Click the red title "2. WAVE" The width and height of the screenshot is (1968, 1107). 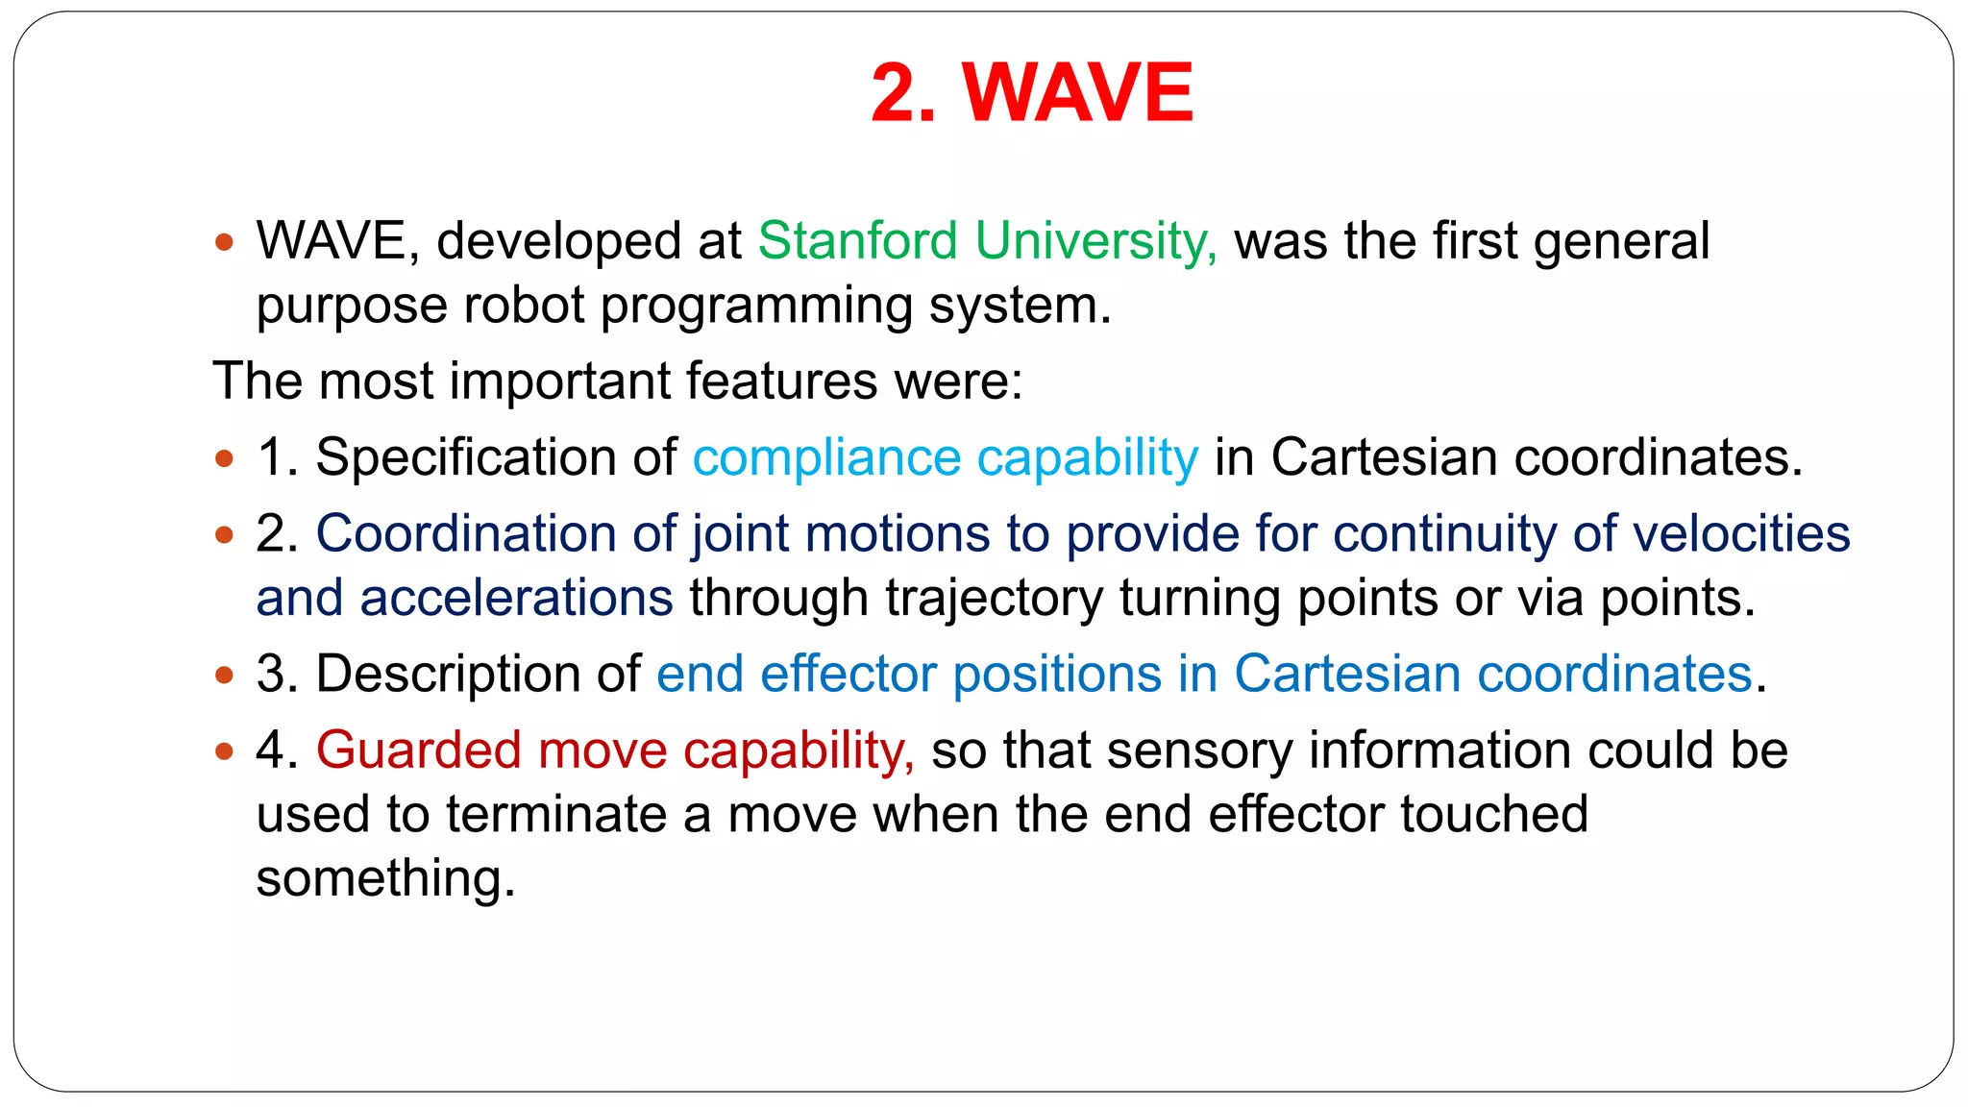pos(1031,92)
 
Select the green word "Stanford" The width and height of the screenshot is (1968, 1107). pos(857,240)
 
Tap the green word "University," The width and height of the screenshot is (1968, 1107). pos(1095,240)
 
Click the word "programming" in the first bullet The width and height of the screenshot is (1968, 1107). pos(756,307)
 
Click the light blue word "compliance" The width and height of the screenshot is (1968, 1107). pos(826,457)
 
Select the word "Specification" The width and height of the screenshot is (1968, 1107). pos(466,457)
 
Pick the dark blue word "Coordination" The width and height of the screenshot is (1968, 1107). pos(466,534)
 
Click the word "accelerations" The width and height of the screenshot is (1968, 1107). pos(516,598)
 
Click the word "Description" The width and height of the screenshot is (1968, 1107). pos(478,674)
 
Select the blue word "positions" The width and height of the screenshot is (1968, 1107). pos(1057,674)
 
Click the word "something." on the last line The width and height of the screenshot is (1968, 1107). pos(385,878)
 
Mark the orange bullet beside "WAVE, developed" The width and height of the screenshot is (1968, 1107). pos(225,242)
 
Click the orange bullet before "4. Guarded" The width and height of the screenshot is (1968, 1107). pos(225,751)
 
